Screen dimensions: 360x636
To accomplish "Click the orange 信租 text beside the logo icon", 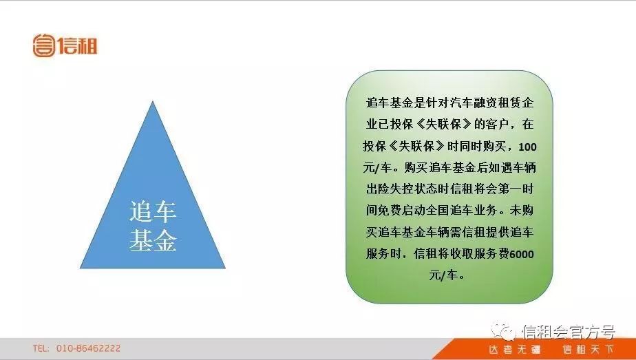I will pyautogui.click(x=78, y=45).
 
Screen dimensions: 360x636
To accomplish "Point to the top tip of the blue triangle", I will pyautogui.click(x=152, y=103).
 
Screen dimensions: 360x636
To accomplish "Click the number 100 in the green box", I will pyautogui.click(x=524, y=147).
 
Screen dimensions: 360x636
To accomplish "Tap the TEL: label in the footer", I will pyautogui.click(x=41, y=348).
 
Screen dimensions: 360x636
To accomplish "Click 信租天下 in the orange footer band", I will pyautogui.click(x=587, y=350).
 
